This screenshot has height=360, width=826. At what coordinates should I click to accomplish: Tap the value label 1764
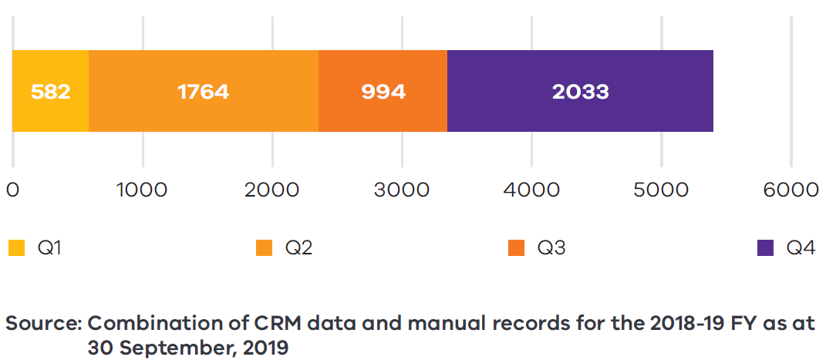click(203, 92)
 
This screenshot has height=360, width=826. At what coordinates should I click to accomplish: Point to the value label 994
click(383, 92)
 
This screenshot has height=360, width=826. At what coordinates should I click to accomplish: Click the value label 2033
click(580, 92)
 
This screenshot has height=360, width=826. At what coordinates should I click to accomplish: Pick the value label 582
click(50, 92)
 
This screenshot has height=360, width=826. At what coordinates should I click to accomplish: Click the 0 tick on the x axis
click(12, 190)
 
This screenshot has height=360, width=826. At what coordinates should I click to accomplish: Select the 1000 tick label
click(142, 190)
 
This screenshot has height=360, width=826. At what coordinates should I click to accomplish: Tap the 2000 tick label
click(271, 190)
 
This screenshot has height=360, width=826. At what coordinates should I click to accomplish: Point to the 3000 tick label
click(401, 190)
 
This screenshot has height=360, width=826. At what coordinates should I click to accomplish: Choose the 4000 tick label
click(531, 190)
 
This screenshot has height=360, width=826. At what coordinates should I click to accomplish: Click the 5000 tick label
click(661, 190)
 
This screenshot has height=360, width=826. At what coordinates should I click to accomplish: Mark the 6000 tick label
click(791, 190)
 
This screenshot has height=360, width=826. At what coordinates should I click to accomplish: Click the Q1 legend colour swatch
click(16, 247)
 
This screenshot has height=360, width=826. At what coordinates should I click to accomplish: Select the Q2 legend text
click(298, 247)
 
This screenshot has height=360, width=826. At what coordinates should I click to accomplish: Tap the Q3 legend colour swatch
click(515, 247)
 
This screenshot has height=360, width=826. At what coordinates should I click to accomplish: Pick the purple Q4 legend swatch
click(765, 247)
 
